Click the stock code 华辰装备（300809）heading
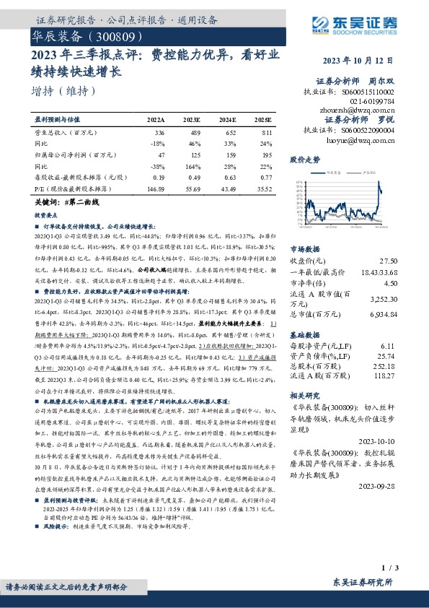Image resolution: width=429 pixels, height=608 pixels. (91, 35)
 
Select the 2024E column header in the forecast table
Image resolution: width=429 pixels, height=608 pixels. (226, 119)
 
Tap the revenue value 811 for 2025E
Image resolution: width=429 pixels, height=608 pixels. (267, 133)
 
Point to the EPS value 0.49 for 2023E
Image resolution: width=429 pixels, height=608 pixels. (192, 176)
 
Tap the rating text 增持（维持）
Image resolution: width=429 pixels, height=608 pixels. (63, 91)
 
